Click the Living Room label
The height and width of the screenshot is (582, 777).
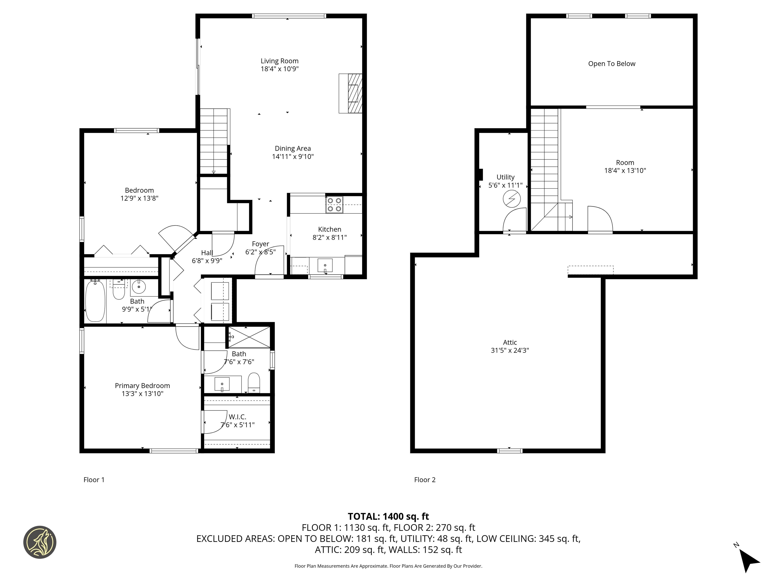[279, 61]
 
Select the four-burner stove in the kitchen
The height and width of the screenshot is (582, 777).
[334, 205]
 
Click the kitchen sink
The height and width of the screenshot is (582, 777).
[325, 265]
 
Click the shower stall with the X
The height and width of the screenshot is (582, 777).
[249, 337]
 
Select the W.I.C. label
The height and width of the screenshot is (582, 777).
[238, 417]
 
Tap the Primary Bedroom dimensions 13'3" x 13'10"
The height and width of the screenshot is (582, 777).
[142, 394]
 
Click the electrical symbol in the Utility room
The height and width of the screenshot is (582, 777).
[511, 199]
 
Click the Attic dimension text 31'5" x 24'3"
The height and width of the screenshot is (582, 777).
[510, 350]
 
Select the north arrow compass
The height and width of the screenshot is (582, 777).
[749, 560]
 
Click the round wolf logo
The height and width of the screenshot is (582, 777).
[40, 542]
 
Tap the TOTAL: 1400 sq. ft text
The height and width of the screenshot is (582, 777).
[388, 516]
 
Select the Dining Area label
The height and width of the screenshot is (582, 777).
[293, 148]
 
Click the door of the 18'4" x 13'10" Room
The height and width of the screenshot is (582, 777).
[600, 220]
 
